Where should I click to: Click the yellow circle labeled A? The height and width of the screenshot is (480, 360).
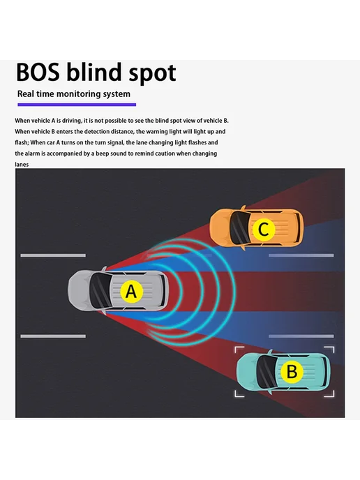(132, 292)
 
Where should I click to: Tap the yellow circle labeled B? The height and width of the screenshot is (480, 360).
(292, 371)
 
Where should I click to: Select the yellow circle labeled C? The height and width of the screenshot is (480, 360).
(263, 229)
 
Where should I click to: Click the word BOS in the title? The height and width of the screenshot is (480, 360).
(38, 73)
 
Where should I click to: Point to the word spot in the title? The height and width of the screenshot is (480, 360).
(152, 74)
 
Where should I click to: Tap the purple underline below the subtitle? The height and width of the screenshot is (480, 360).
(77, 105)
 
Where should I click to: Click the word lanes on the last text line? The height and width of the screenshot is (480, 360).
(22, 165)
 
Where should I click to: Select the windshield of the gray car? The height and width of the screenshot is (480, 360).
(100, 290)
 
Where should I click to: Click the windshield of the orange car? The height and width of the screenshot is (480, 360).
(240, 227)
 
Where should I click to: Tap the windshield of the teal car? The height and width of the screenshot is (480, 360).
(267, 372)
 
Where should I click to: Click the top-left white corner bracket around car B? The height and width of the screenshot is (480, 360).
(239, 350)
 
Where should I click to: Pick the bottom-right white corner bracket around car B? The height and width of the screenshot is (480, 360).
(330, 393)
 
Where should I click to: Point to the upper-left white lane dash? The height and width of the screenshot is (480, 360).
(53, 255)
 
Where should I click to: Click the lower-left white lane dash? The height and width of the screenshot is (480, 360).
(53, 336)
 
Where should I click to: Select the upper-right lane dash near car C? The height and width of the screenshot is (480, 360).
(301, 255)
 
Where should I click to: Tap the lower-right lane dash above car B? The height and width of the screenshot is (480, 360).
(301, 336)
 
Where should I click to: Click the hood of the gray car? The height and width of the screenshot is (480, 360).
(79, 290)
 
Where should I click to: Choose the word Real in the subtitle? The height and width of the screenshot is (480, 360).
(25, 93)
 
